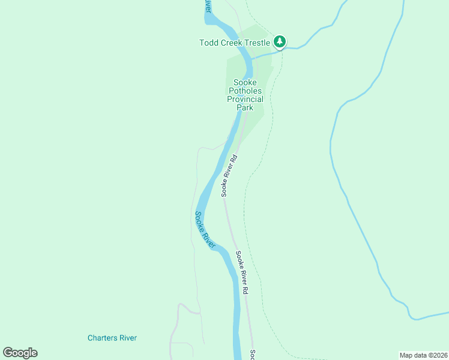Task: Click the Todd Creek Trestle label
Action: [x=235, y=43]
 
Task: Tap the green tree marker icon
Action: [x=280, y=42]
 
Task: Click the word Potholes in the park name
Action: [x=245, y=91]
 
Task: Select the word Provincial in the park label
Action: [x=245, y=99]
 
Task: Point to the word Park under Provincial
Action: [x=245, y=107]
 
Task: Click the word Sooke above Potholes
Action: [x=245, y=82]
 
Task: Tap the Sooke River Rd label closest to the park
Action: [x=229, y=176]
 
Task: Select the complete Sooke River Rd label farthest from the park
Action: [x=242, y=272]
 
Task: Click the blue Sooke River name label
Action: [x=205, y=229]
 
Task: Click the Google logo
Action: [x=20, y=353]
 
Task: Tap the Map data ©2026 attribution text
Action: [x=423, y=355]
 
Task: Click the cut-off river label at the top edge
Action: [x=208, y=6]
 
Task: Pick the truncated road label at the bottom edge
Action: [x=253, y=355]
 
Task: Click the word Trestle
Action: [x=256, y=43]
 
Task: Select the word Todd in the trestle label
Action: [x=208, y=43]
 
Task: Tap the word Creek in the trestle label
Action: [x=230, y=43]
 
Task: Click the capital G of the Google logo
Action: [x=8, y=352]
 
